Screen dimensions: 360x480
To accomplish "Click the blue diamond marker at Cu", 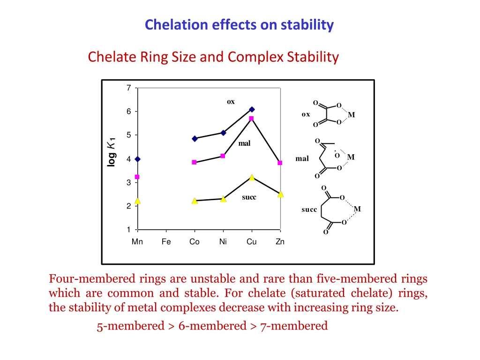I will (x=252, y=109).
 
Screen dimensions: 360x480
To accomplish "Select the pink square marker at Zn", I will (x=280, y=163).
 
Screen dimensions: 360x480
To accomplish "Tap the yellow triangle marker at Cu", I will (x=252, y=177).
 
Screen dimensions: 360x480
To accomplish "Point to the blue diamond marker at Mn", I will (x=137, y=159).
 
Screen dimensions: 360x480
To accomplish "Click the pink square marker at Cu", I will (x=251, y=119).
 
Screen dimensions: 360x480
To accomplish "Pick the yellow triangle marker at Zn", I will (x=280, y=194).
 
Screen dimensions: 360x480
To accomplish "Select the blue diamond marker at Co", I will (x=195, y=139).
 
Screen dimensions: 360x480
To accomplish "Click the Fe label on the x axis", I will (x=166, y=242).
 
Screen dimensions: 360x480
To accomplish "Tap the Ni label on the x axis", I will (x=223, y=242).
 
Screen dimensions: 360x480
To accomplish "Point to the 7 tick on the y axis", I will (x=128, y=88).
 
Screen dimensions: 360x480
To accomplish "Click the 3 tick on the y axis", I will (x=128, y=183).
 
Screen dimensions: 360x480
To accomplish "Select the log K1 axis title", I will (x=111, y=151).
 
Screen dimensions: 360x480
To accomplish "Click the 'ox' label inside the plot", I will (x=231, y=102).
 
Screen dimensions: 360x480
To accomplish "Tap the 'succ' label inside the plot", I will (x=249, y=197).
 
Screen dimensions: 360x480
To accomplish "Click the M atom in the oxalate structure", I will (x=351, y=115).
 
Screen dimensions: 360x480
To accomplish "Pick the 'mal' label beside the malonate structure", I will (x=302, y=159).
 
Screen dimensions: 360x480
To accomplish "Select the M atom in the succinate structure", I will (x=357, y=209).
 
